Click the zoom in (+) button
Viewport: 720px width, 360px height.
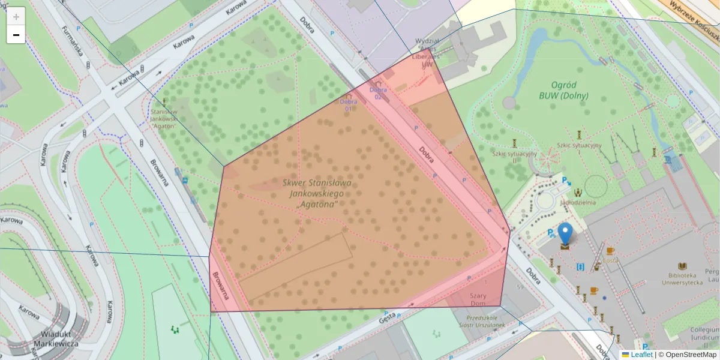click(16, 16)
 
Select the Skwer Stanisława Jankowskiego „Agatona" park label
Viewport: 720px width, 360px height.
click(316, 194)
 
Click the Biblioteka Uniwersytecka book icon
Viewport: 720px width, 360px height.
click(682, 266)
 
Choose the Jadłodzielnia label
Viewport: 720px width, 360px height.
click(578, 203)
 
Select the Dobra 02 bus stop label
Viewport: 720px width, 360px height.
click(378, 93)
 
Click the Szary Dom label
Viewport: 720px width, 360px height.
click(478, 299)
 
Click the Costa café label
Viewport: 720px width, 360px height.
click(610, 260)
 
